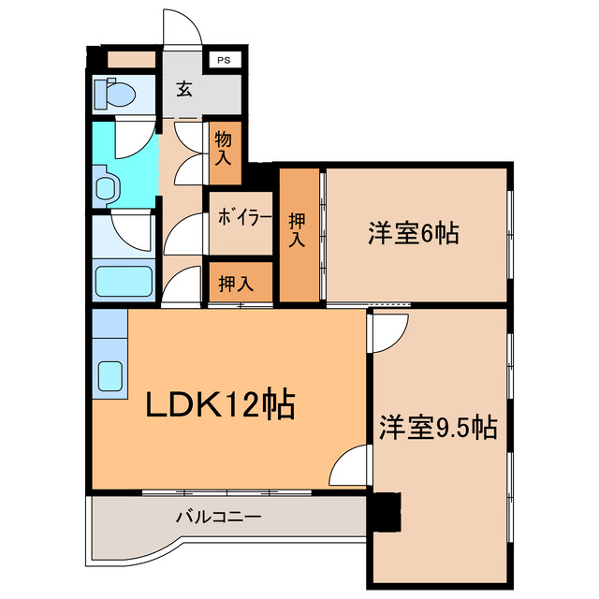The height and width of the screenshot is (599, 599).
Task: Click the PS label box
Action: [x=223, y=61]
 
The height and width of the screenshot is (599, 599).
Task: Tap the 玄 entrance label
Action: [x=184, y=91]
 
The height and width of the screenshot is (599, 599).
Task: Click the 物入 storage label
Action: [x=224, y=150]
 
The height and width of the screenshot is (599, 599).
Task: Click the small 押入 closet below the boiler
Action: [x=235, y=284]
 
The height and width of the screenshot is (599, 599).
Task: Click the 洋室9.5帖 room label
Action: [x=437, y=428]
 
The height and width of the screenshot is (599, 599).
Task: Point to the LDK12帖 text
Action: [x=220, y=406]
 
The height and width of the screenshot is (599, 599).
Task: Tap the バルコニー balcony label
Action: [x=218, y=516]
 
